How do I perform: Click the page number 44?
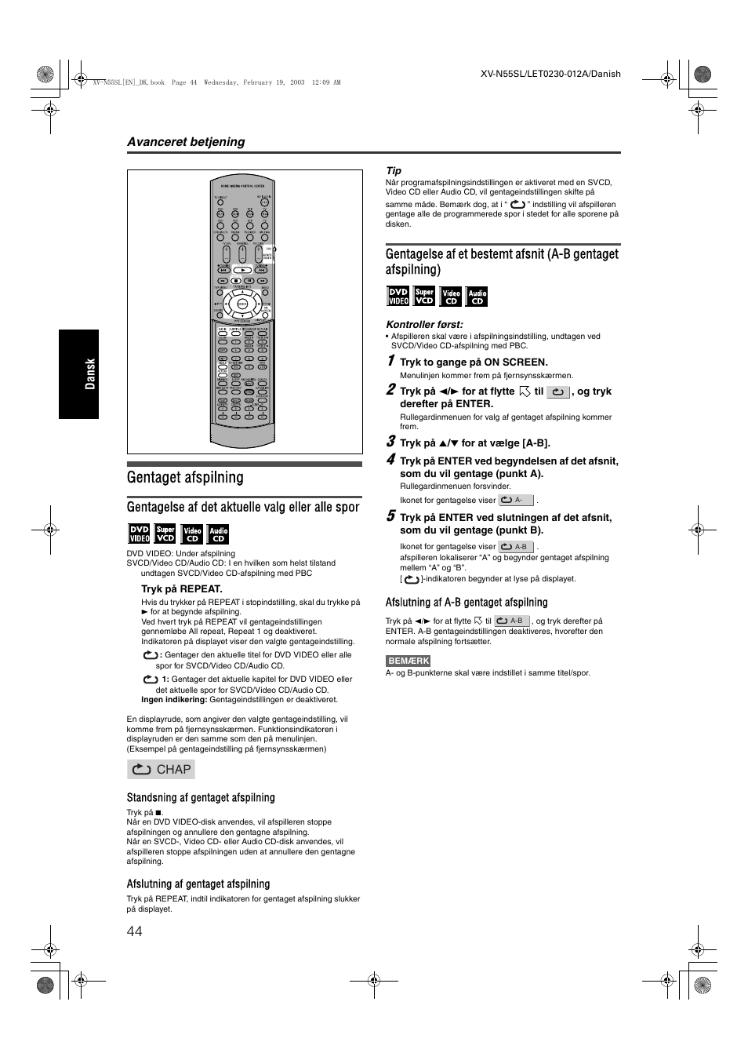pyautogui.click(x=134, y=931)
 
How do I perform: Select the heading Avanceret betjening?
pyautogui.click(x=186, y=142)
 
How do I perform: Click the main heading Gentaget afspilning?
pyautogui.click(x=185, y=477)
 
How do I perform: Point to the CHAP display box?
pyautogui.click(x=162, y=770)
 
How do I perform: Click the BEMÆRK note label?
pyautogui.click(x=408, y=661)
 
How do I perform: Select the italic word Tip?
pyautogui.click(x=393, y=171)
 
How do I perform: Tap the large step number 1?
pyautogui.click(x=390, y=360)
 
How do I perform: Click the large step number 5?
pyautogui.click(x=390, y=516)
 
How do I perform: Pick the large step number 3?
pyautogui.click(x=390, y=441)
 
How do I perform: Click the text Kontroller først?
pyautogui.click(x=424, y=325)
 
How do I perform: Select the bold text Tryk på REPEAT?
pyautogui.click(x=182, y=589)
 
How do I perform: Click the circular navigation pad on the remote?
pyautogui.click(x=242, y=304)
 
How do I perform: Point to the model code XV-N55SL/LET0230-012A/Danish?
pyautogui.click(x=550, y=74)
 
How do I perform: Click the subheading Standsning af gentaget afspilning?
pyautogui.click(x=201, y=798)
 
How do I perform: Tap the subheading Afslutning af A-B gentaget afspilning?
pyautogui.click(x=467, y=603)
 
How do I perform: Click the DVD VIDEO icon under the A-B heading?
pyautogui.click(x=398, y=297)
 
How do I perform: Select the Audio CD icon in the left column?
pyautogui.click(x=219, y=534)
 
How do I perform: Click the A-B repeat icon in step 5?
pyautogui.click(x=517, y=547)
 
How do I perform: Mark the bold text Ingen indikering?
pyautogui.click(x=174, y=700)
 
